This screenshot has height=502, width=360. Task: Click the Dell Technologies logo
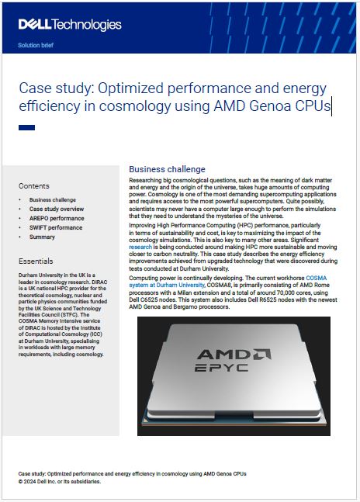coord(70,25)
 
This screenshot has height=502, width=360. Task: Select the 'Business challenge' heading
coord(167,169)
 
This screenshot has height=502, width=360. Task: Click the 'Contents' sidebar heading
coord(33,186)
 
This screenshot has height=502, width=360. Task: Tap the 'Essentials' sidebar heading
coord(36,261)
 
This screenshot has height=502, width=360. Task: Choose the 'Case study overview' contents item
coord(57,209)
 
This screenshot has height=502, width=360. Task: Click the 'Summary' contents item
coord(42,237)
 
